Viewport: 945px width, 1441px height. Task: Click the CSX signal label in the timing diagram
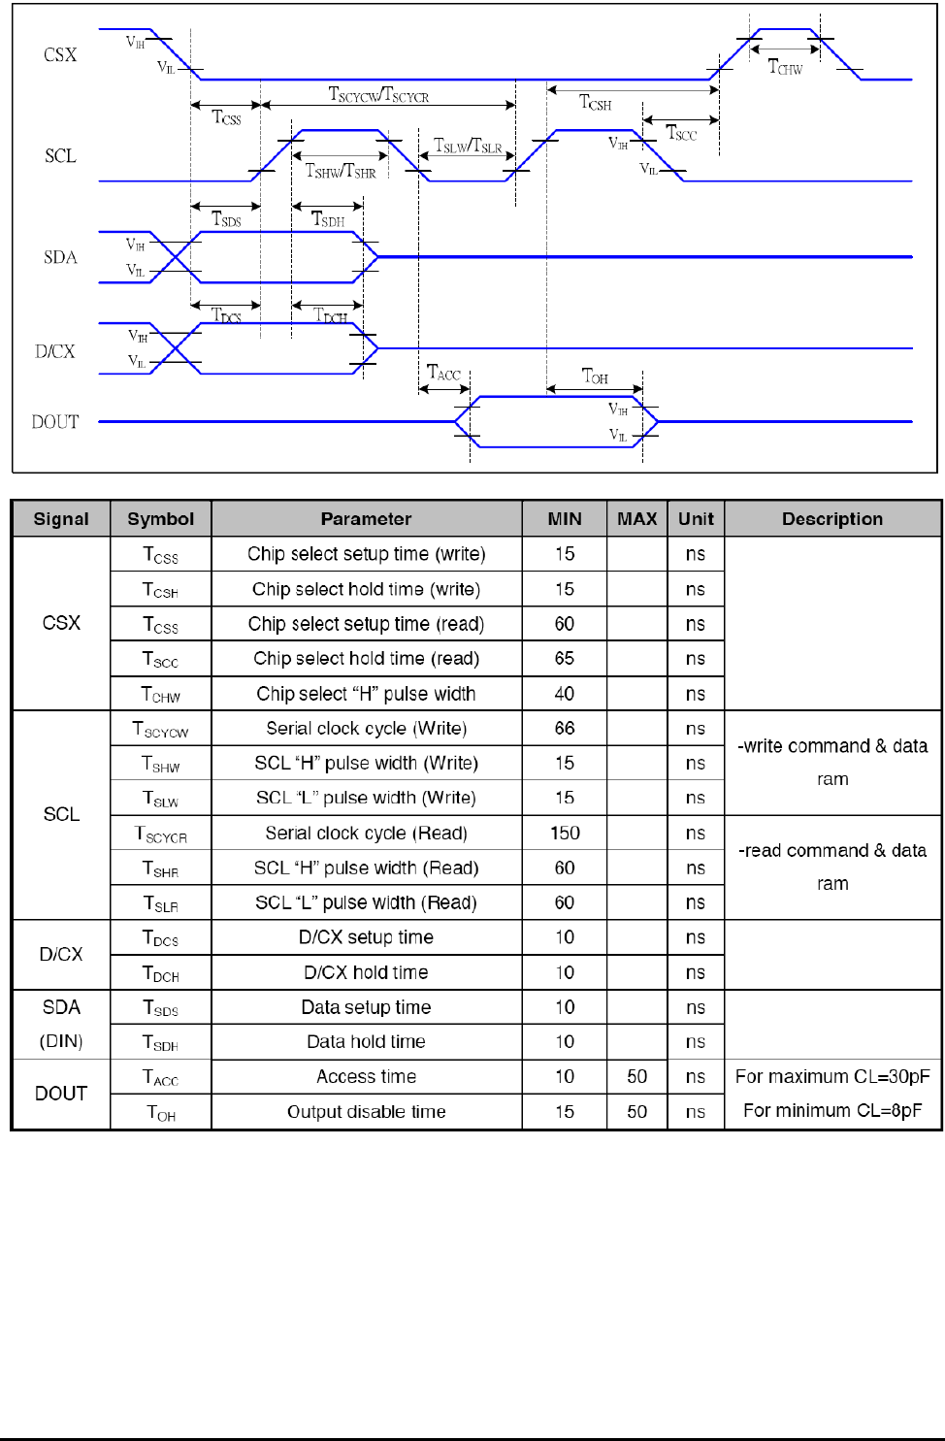pos(60,55)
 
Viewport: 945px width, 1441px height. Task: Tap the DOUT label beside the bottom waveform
pos(55,422)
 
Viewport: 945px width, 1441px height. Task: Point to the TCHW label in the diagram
pos(785,67)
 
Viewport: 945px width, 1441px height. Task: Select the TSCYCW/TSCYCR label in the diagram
pos(378,94)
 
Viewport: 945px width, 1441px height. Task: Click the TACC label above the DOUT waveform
pos(443,374)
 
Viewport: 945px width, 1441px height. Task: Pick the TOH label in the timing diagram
pos(595,377)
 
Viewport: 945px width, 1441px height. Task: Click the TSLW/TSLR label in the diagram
pos(468,147)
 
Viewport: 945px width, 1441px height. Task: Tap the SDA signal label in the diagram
pos(60,257)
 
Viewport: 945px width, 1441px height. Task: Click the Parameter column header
pos(366,519)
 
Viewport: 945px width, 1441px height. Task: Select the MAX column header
pos(636,519)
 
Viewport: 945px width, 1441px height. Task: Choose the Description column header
pos(832,519)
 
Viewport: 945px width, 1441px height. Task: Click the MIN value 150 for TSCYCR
pos(565,834)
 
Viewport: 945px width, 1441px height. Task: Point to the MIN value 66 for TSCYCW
pos(565,729)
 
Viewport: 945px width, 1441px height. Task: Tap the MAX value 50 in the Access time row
pos(636,1077)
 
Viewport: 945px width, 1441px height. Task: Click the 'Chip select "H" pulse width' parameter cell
pos(366,694)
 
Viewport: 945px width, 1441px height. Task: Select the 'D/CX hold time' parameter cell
pos(366,972)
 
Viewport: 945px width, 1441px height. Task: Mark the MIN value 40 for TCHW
pos(565,694)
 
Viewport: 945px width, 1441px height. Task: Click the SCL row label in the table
pos(61,815)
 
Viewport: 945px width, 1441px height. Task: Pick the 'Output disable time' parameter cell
pos(366,1112)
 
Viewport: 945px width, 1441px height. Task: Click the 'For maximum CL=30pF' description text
pos(832,1077)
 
